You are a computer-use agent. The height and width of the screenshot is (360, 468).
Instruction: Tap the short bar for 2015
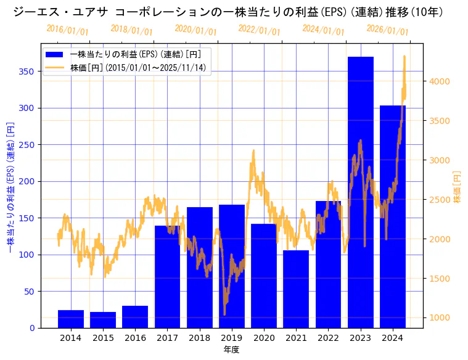click(x=103, y=320)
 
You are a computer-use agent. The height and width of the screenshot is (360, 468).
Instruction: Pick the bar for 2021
click(x=296, y=289)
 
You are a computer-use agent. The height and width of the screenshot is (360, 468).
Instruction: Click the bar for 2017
click(x=167, y=277)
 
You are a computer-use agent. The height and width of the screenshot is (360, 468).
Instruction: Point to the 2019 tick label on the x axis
click(x=232, y=338)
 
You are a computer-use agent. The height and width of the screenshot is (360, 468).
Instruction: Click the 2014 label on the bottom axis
click(x=71, y=338)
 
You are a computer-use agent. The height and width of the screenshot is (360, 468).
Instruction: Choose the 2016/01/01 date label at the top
click(x=67, y=30)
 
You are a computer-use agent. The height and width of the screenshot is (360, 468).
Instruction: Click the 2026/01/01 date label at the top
click(x=387, y=30)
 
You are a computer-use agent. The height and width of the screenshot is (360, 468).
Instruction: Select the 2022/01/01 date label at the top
click(x=259, y=30)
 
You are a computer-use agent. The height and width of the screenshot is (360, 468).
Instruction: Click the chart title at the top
click(x=228, y=12)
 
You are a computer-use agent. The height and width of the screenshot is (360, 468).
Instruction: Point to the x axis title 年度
click(x=231, y=350)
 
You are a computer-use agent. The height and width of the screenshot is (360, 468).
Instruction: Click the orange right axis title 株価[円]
click(x=457, y=188)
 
